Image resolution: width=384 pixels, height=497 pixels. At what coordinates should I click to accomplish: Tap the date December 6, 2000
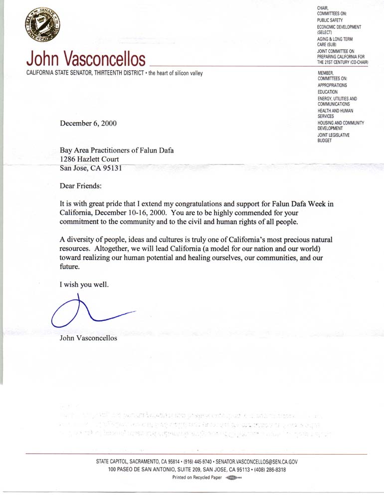pyautogui.click(x=89, y=124)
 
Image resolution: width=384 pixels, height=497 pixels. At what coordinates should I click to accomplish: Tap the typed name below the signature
pyautogui.click(x=89, y=338)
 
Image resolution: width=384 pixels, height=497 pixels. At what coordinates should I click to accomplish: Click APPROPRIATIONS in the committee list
pyautogui.click(x=332, y=85)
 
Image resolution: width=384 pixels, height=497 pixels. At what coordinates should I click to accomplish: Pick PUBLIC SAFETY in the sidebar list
pyautogui.click(x=330, y=20)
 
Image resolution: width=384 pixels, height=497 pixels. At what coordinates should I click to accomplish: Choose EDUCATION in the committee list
pyautogui.click(x=327, y=92)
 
